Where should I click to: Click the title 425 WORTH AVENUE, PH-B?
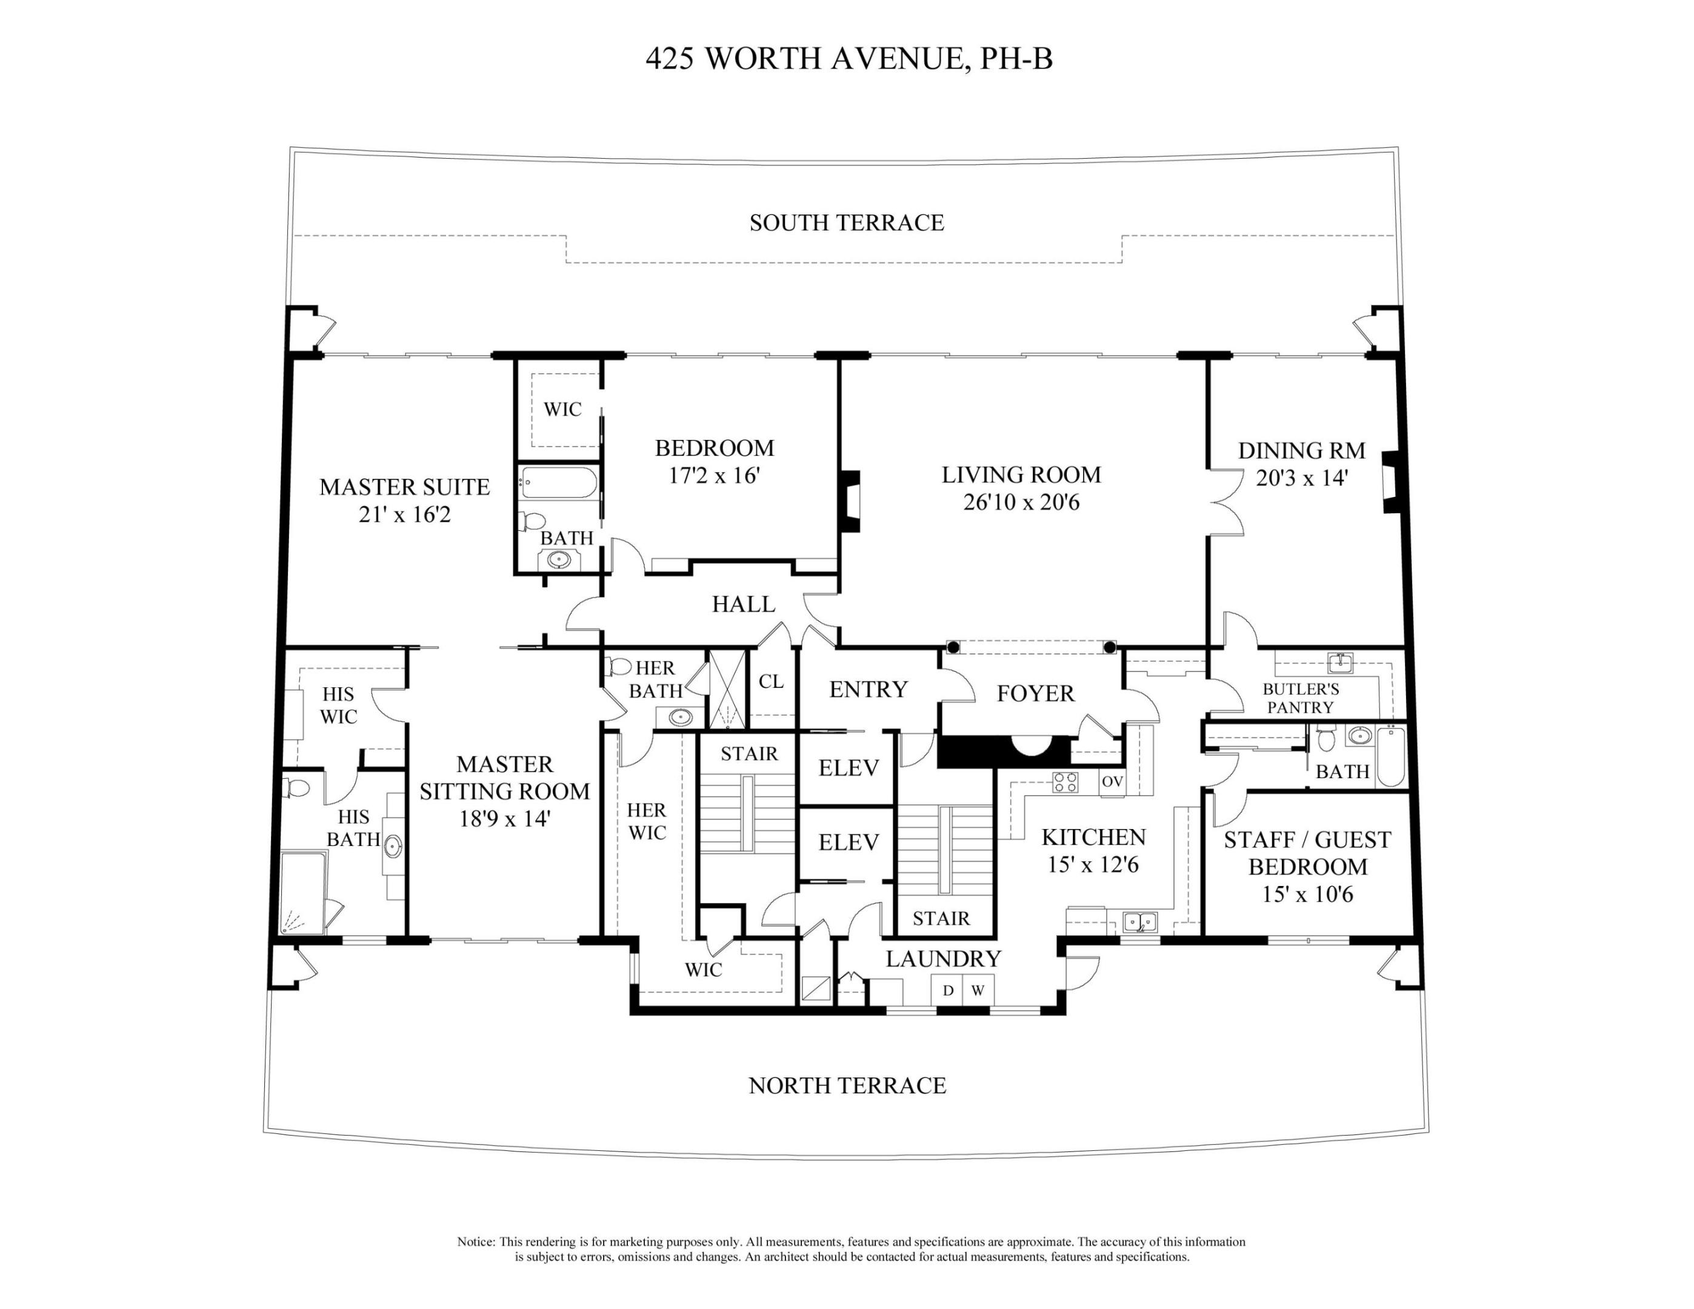tap(849, 59)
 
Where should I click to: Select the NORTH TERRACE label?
tap(847, 1085)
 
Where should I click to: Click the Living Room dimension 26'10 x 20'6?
tap(1021, 502)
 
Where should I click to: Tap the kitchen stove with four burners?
tap(1064, 782)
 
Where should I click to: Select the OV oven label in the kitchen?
tap(1112, 782)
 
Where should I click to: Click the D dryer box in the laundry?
tap(948, 991)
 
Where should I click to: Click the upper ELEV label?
tap(849, 768)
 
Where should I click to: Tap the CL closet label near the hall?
tap(771, 682)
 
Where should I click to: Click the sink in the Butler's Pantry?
tap(1340, 663)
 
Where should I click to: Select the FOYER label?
tap(1035, 693)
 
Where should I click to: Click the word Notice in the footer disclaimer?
tap(475, 1242)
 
